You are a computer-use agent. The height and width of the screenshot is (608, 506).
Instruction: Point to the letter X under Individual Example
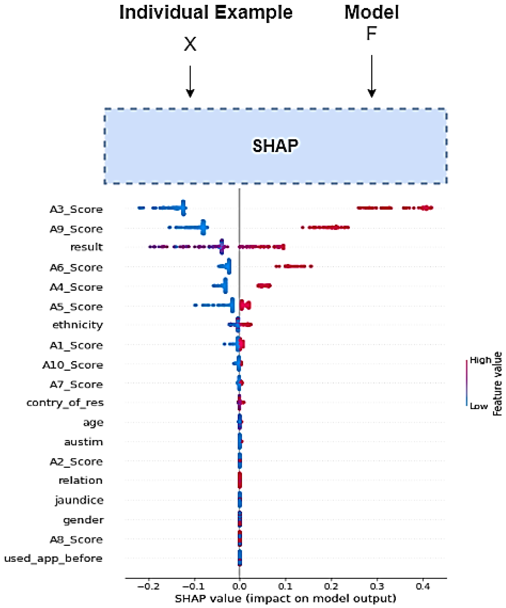[190, 44]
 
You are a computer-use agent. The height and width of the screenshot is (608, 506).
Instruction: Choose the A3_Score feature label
[76, 209]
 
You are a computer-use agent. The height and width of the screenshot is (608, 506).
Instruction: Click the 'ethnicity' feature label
[78, 325]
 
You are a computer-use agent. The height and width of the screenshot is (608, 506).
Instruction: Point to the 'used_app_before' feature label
[53, 559]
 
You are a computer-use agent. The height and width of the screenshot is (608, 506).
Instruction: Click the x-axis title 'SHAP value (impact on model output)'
[286, 598]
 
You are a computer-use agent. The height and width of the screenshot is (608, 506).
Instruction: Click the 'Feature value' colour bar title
[497, 384]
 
